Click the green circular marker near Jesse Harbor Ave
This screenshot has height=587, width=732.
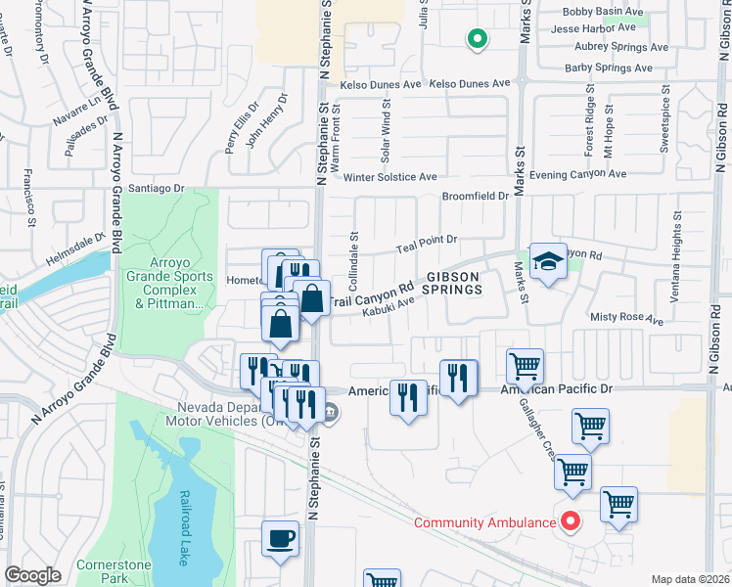tap(477, 39)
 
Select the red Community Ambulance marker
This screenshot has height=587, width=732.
tap(569, 521)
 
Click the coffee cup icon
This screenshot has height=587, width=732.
tap(281, 539)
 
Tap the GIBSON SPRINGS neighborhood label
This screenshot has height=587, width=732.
tap(451, 283)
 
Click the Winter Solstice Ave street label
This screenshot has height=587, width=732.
tap(389, 177)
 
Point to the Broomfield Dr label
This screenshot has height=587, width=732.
tap(476, 196)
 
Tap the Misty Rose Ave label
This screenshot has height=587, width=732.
tap(626, 319)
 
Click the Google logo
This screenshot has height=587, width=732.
tap(32, 575)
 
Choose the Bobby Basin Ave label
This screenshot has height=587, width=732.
tap(605, 13)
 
